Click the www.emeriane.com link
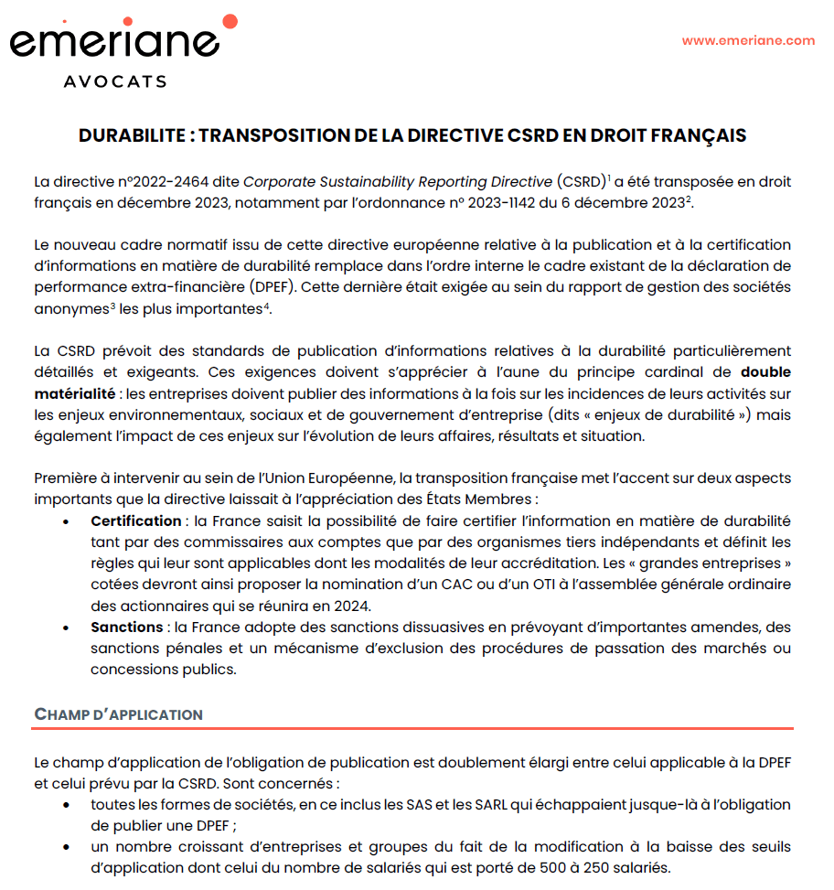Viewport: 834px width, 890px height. [x=748, y=40]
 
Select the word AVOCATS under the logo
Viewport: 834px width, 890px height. [x=115, y=81]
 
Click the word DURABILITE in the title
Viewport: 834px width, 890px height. [x=132, y=136]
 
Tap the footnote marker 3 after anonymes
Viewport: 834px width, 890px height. [x=112, y=306]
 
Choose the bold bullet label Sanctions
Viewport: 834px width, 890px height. [x=125, y=627]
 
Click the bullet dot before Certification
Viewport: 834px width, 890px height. [x=66, y=522]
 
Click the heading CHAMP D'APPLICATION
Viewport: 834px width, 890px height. [x=118, y=714]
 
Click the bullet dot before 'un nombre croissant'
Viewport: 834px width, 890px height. [x=66, y=847]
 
